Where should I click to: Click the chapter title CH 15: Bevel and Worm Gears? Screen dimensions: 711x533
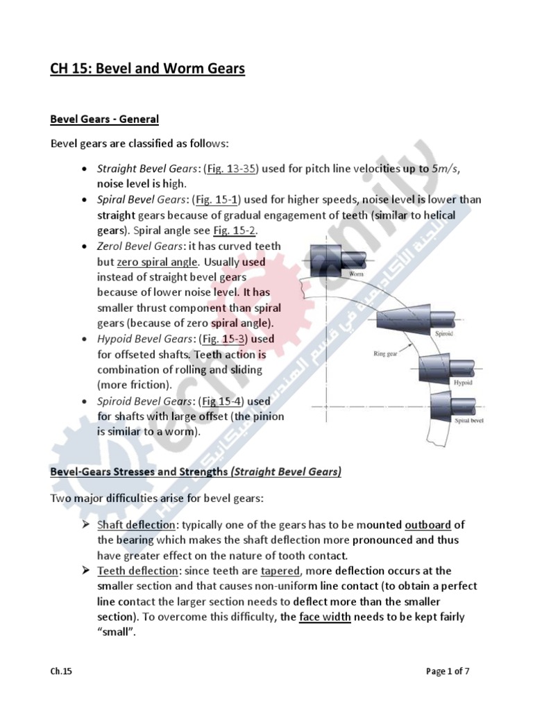(148, 69)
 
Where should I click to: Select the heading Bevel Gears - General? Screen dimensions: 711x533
(104, 119)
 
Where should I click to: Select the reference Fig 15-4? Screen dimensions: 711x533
(220, 401)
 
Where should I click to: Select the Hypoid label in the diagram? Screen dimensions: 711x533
(462, 383)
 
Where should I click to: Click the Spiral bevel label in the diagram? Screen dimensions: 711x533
(470, 421)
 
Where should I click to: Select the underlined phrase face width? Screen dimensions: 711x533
(325, 617)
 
